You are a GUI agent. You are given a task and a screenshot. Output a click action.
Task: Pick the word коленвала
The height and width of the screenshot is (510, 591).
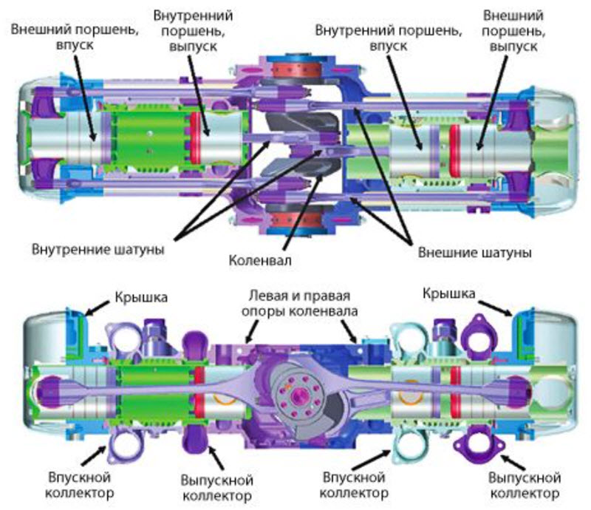pos(318,312)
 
